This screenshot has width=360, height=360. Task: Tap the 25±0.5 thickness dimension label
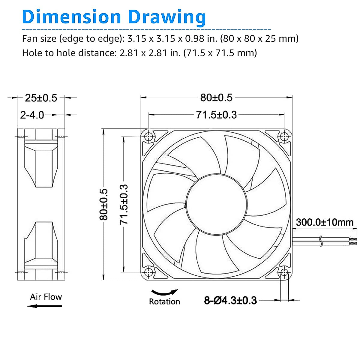tap(41, 98)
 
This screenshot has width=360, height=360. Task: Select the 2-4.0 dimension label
tap(32, 115)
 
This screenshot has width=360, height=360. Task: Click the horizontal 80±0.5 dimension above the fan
tap(216, 97)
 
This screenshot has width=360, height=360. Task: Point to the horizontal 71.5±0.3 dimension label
tap(216, 115)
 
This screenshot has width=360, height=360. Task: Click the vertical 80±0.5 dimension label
tap(103, 204)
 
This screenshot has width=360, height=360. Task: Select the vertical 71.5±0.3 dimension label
tap(124, 204)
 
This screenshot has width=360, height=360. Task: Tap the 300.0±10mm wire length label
tap(325, 222)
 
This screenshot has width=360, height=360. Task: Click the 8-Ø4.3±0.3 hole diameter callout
tap(230, 300)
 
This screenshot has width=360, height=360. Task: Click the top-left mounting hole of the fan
tap(148, 137)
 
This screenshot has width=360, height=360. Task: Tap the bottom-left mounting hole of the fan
tap(148, 272)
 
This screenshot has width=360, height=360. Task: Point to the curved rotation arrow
tap(164, 292)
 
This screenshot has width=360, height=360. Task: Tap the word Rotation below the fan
tap(164, 301)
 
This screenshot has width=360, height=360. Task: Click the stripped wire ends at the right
tap(353, 242)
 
